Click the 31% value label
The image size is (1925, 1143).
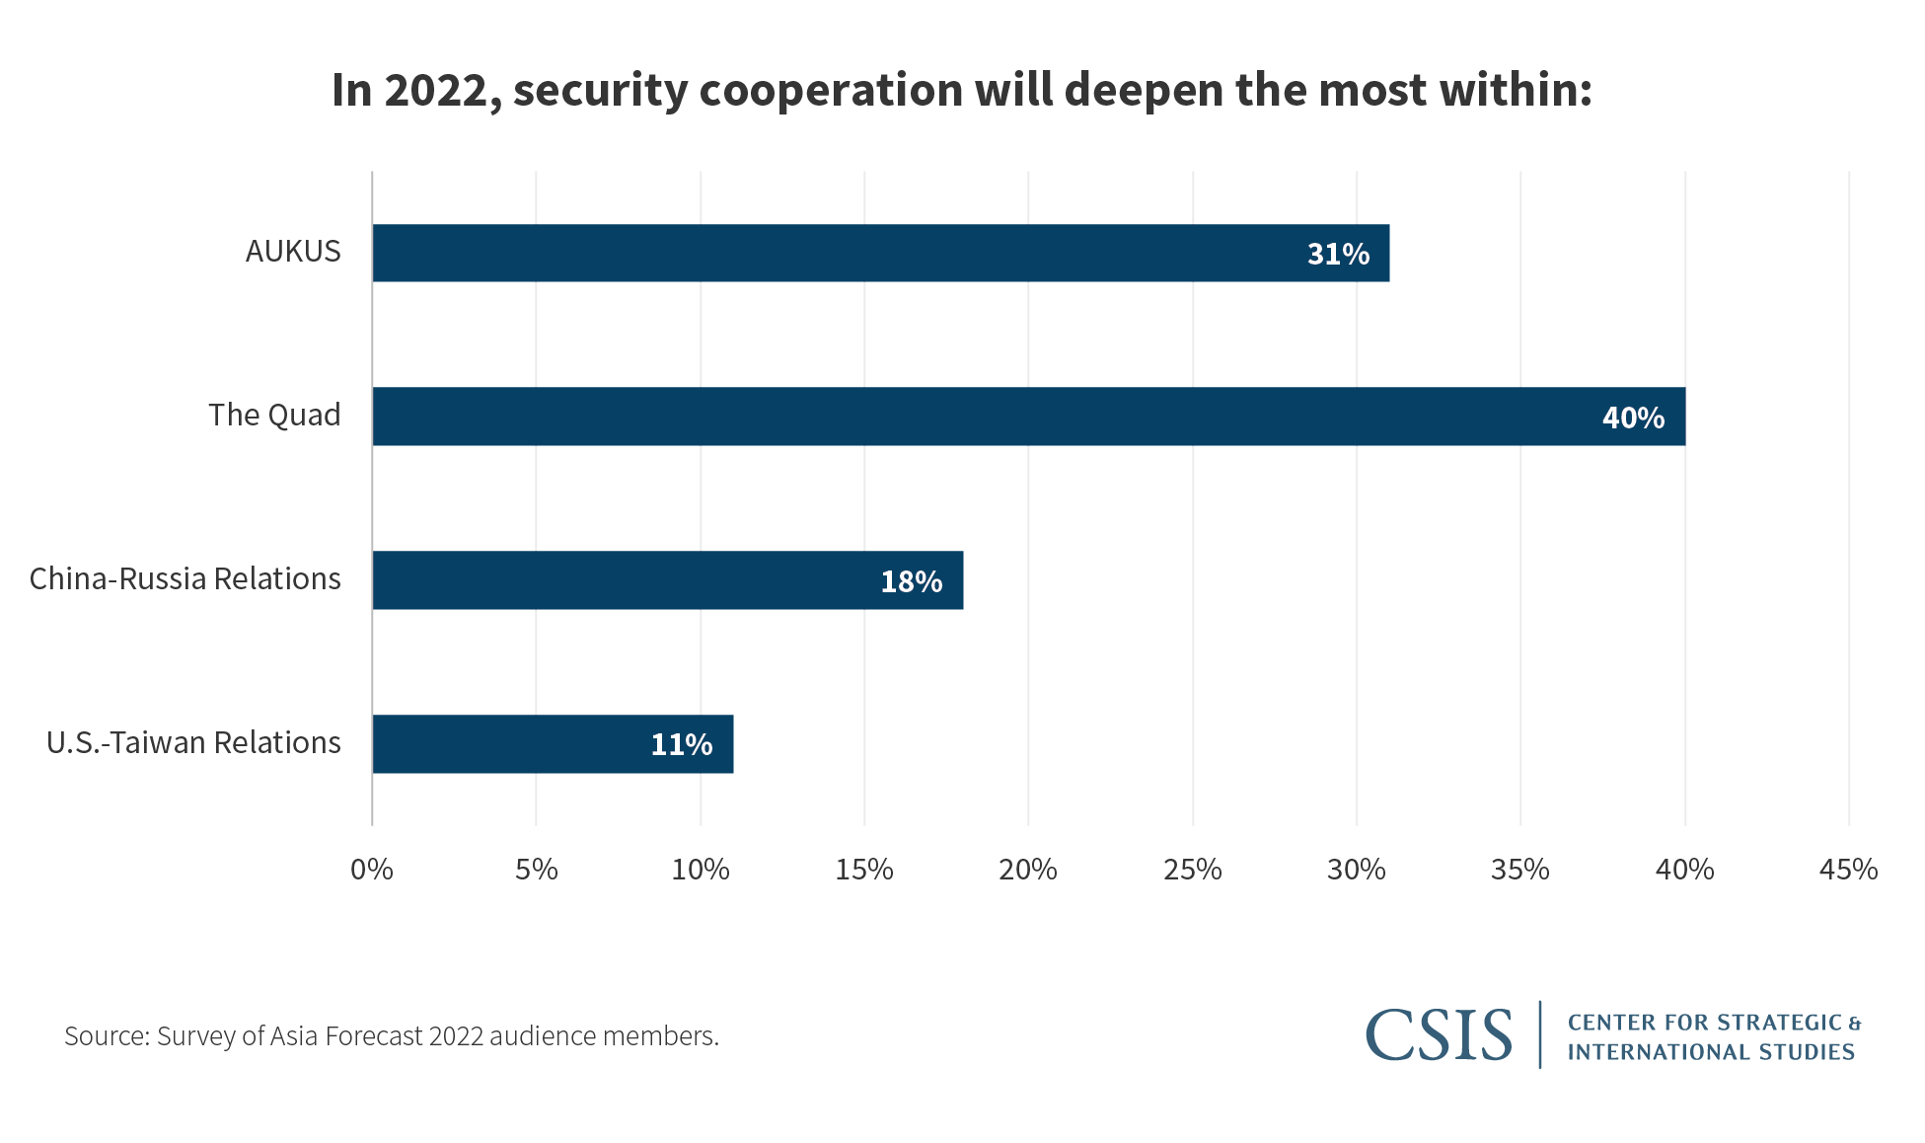click(1338, 255)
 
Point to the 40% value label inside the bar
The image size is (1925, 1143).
click(1633, 418)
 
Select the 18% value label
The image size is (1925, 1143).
click(911, 582)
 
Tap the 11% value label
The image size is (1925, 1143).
click(681, 745)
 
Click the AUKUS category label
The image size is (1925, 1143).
click(293, 252)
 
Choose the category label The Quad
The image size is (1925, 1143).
click(274, 416)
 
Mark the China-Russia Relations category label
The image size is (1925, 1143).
click(185, 579)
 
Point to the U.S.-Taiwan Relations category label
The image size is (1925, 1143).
click(193, 743)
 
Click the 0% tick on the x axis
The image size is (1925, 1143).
click(372, 870)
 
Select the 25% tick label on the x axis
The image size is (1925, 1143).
click(1192, 870)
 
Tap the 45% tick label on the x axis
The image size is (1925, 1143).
click(1848, 870)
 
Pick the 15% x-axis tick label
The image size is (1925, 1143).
click(864, 870)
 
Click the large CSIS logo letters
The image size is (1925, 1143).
click(1439, 1035)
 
